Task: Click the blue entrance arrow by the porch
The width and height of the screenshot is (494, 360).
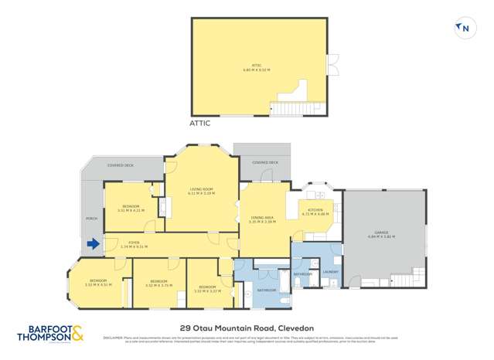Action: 93,245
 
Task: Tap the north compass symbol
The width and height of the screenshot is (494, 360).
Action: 464,29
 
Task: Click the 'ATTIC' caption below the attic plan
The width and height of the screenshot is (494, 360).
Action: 199,123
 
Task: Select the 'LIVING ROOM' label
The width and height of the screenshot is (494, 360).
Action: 202,189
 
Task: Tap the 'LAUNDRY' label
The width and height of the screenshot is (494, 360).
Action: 331,272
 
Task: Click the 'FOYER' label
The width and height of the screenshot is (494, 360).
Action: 133,243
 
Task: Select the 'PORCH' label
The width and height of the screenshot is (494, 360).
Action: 91,219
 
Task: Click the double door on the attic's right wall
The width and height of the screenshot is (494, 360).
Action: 332,65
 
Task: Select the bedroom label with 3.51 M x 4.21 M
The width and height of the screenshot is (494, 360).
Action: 130,206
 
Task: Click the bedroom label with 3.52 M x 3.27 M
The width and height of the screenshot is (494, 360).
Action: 208,288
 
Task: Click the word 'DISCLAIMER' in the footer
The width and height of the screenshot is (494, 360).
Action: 113,337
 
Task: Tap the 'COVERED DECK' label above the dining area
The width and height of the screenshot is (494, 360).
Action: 264,162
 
